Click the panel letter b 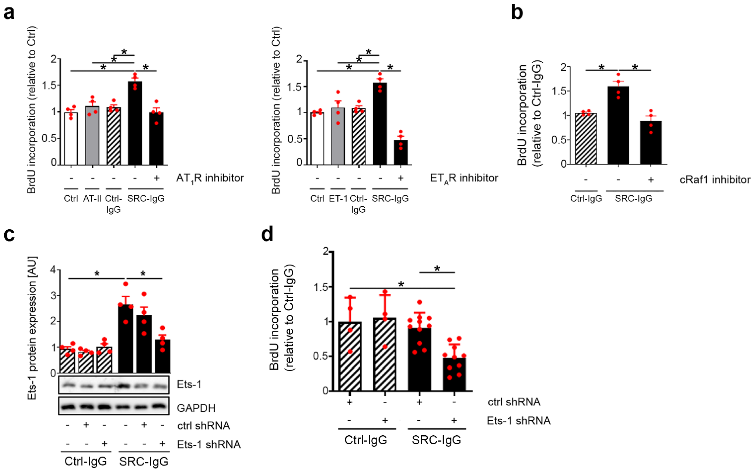pos(517,13)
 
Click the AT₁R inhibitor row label pos(210,178)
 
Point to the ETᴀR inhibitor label pos(464,178)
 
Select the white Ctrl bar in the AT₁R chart pos(71,139)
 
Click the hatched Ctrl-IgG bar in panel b pos(586,139)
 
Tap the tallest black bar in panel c pos(126,338)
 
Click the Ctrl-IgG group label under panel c pos(85,461)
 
